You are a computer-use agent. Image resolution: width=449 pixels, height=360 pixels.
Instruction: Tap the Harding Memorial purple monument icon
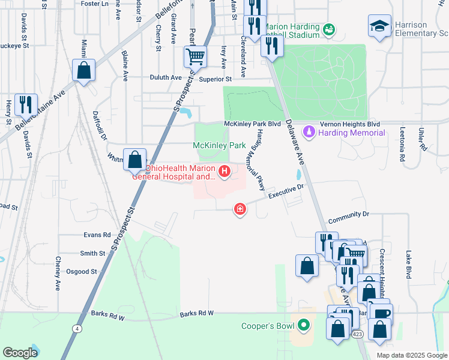pyautogui.click(x=309, y=131)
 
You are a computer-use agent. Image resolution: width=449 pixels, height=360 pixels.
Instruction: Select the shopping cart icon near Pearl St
pyautogui.click(x=195, y=58)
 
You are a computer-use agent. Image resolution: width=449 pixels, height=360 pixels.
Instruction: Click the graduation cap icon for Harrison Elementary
pyautogui.click(x=379, y=26)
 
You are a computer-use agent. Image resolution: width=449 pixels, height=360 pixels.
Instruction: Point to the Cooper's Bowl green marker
pyautogui.click(x=304, y=326)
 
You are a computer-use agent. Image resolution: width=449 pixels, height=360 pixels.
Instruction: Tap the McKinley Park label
pyautogui.click(x=219, y=146)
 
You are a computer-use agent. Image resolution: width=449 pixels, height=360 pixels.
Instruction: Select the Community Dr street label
pyautogui.click(x=348, y=214)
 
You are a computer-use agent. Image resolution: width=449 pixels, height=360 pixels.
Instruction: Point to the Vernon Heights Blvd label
pyautogui.click(x=354, y=123)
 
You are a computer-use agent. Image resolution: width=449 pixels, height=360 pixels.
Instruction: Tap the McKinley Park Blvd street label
pyautogui.click(x=252, y=124)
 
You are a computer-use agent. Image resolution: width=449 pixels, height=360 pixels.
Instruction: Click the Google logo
pyautogui.click(x=20, y=353)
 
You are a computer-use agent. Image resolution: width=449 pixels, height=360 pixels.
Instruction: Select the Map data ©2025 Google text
pyautogui.click(x=411, y=355)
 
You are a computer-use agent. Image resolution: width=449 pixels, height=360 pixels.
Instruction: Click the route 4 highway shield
pyautogui.click(x=77, y=328)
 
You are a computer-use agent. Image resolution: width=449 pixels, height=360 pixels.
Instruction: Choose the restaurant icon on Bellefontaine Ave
pyautogui.click(x=26, y=104)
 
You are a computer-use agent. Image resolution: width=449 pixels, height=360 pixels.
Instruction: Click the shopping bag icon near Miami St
pyautogui.click(x=84, y=70)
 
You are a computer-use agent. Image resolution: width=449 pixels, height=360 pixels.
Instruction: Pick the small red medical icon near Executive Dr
pyautogui.click(x=240, y=209)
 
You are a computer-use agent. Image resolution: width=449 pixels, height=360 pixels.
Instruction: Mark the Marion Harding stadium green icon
pyautogui.click(x=328, y=29)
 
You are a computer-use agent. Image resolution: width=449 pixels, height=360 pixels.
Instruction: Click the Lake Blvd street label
pyautogui.click(x=408, y=265)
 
